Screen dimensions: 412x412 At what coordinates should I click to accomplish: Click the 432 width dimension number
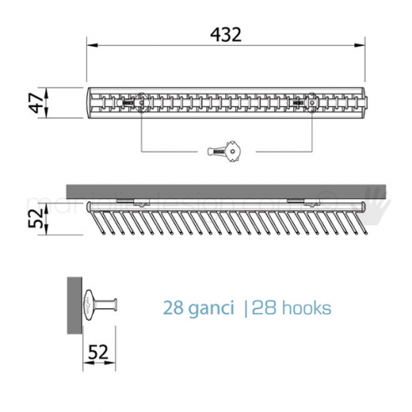(x=225, y=36)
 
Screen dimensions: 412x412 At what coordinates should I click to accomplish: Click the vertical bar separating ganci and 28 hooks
(x=245, y=308)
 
